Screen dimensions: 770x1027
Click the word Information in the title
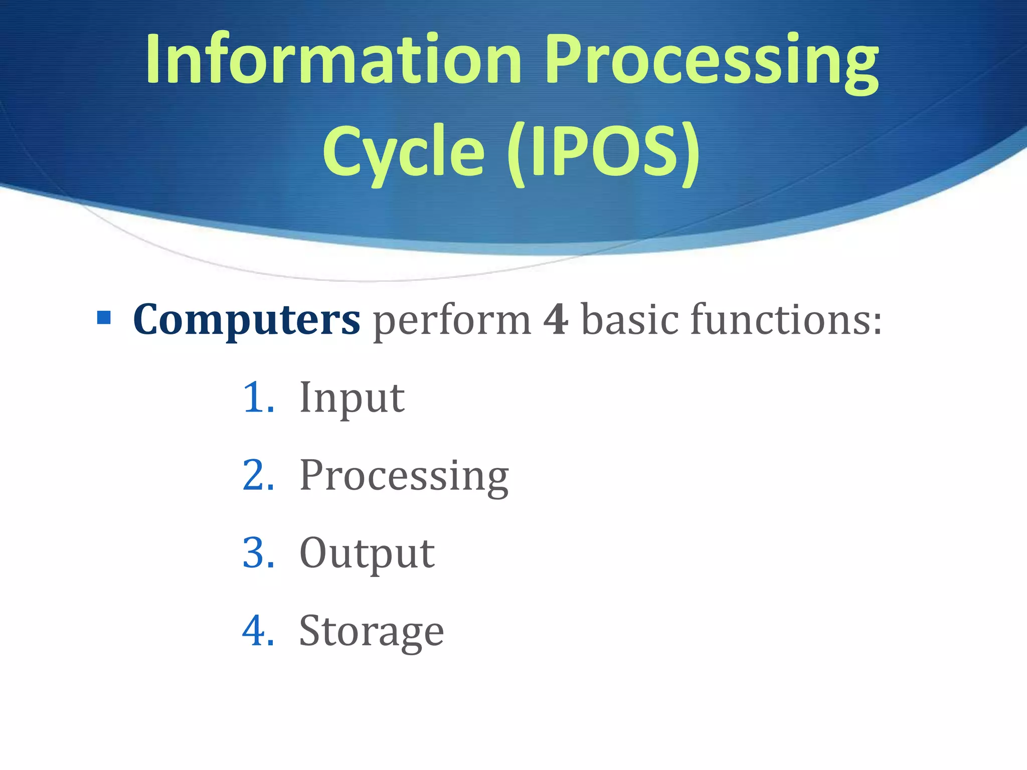(333, 59)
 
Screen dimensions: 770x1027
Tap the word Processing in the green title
(712, 63)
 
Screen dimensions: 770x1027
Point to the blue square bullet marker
(104, 318)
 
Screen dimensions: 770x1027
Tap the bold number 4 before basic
(556, 319)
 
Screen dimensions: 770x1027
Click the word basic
(630, 319)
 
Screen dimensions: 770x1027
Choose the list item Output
(367, 554)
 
